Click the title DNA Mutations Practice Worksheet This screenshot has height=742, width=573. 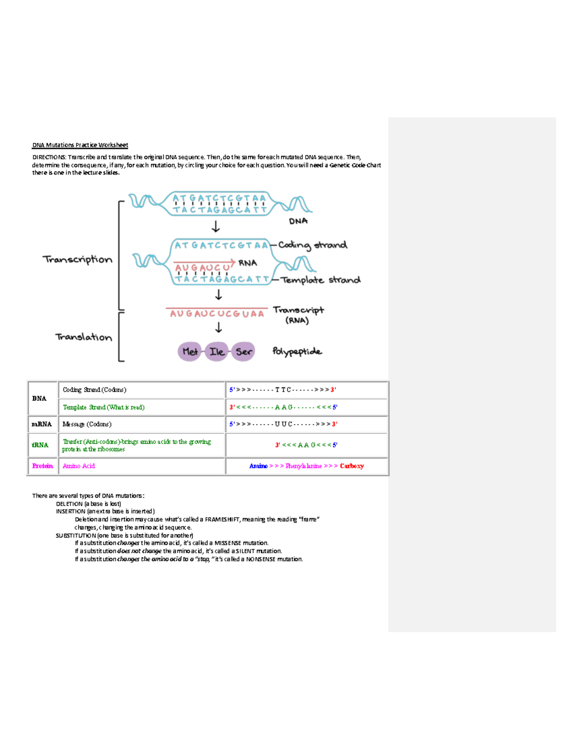coord(80,145)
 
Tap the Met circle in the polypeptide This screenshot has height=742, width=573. coord(190,352)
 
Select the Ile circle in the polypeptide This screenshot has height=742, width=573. coord(216,352)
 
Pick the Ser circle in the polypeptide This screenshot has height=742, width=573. coord(244,352)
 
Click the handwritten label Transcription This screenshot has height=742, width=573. coord(77,259)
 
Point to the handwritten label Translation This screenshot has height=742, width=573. coord(84,337)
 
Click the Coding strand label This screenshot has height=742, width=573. coord(312,245)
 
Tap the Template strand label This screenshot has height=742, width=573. coord(320,280)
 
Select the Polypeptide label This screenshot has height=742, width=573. coord(297,352)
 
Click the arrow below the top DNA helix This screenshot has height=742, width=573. coord(216,226)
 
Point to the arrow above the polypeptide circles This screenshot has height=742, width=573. coord(219,327)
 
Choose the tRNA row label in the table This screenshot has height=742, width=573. coord(40,445)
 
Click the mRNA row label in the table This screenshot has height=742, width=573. coord(42,424)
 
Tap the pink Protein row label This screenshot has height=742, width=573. coord(42,466)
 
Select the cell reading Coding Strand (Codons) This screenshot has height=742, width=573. coord(95,390)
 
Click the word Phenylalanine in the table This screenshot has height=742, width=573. coord(304,466)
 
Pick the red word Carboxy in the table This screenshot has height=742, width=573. coord(352,466)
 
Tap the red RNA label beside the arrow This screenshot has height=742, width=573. coord(247,263)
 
